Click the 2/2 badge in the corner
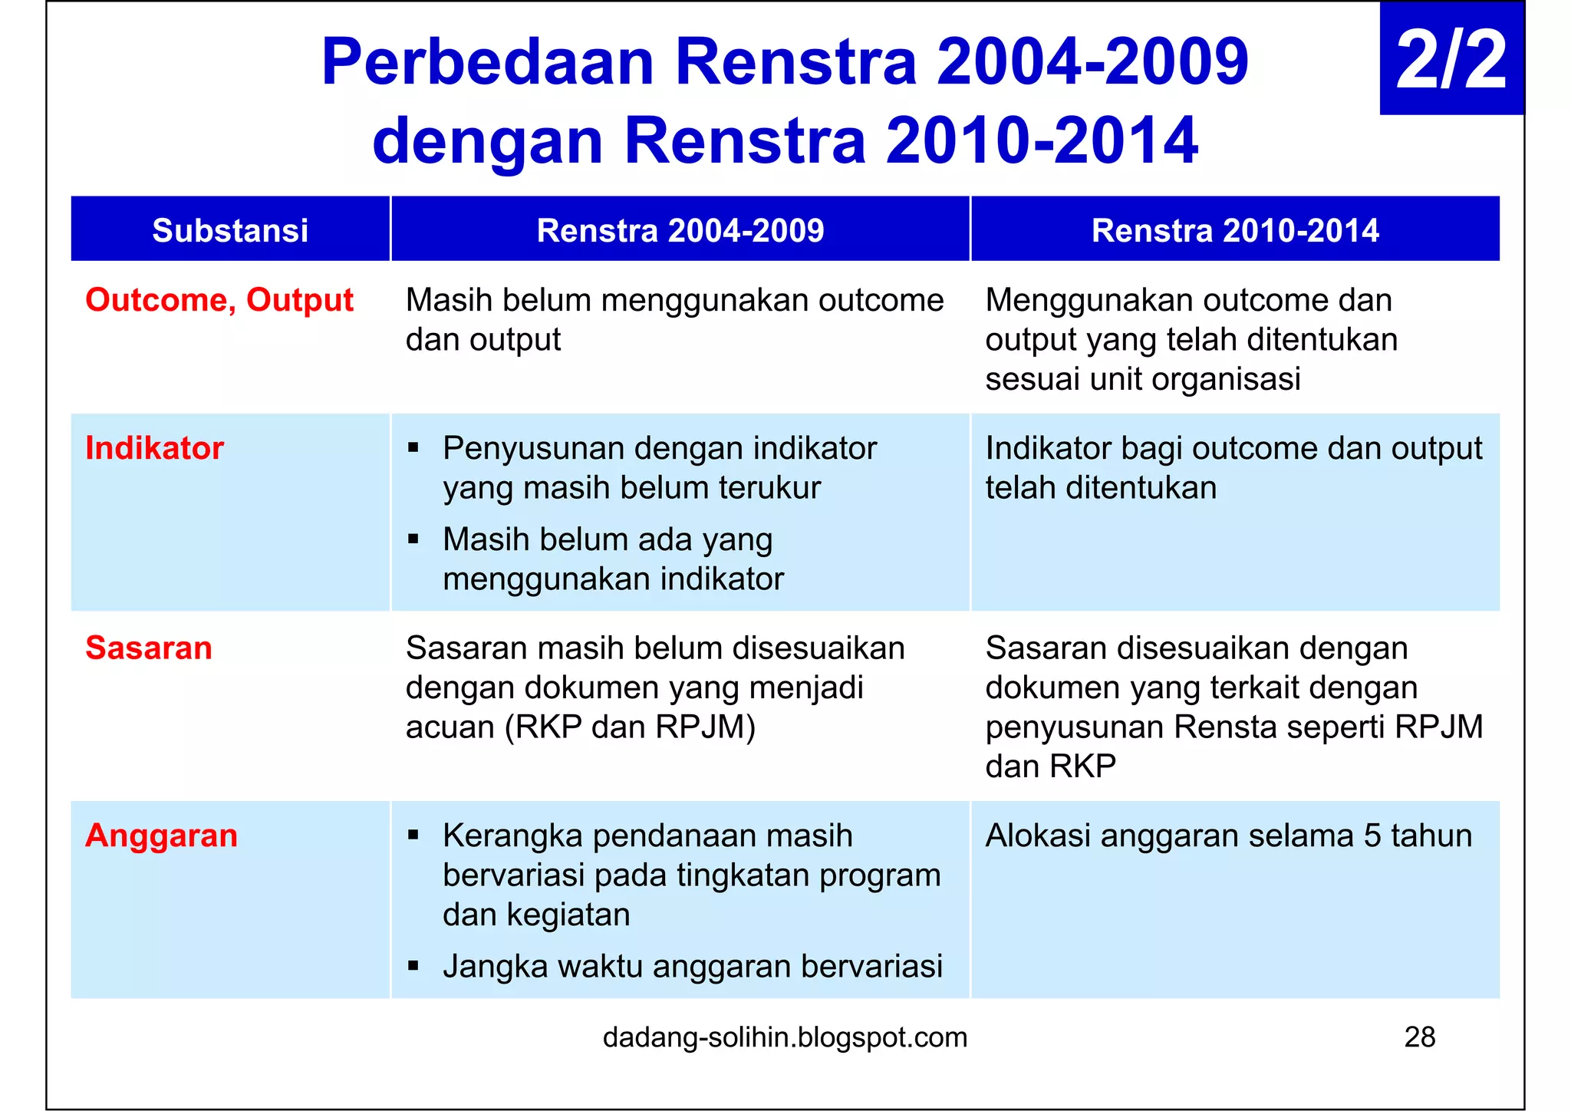click(x=1451, y=60)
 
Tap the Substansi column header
click(x=230, y=230)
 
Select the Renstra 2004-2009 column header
click(x=680, y=230)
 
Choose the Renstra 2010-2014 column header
click(x=1235, y=230)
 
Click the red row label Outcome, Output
click(x=219, y=300)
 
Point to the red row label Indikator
click(x=154, y=448)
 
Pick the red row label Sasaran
click(x=149, y=648)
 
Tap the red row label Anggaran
click(x=161, y=836)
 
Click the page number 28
click(x=1420, y=1037)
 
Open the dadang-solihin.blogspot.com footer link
click(x=785, y=1037)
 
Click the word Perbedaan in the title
click(x=487, y=63)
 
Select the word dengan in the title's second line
click(x=487, y=142)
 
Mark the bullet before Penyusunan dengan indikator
click(x=413, y=447)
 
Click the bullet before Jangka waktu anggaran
click(x=413, y=965)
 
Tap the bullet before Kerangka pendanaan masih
click(x=413, y=835)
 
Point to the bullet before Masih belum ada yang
click(x=413, y=539)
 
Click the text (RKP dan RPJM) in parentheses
click(x=630, y=727)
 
